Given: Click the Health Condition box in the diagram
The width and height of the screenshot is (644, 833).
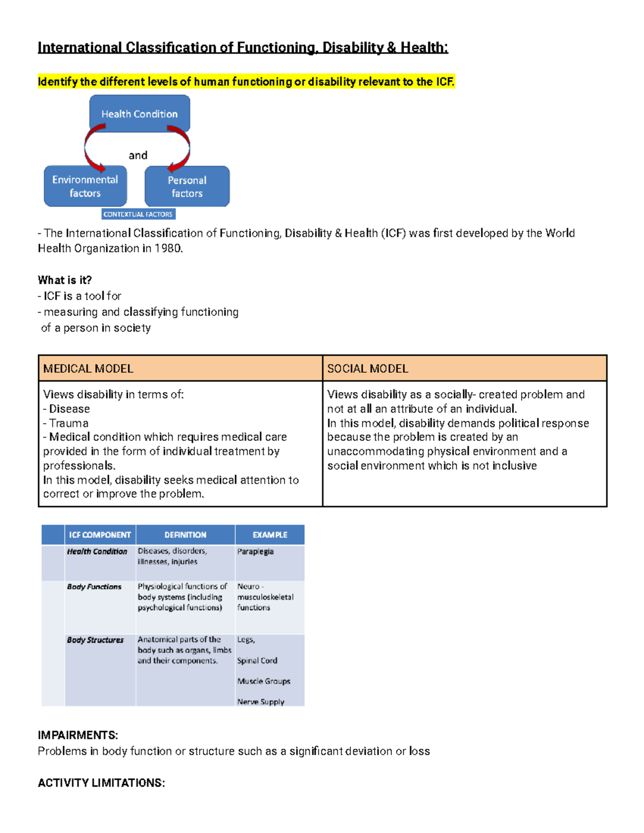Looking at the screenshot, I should pos(140,114).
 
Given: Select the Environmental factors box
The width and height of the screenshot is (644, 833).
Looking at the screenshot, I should pos(85,186).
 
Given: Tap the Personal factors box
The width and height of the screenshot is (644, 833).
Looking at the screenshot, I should pos(187,187).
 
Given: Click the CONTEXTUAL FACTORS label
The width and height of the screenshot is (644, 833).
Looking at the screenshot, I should pos(138,214).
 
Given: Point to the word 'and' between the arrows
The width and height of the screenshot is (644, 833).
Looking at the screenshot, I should pos(138,156).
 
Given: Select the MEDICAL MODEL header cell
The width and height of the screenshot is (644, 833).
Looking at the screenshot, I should pos(180,368).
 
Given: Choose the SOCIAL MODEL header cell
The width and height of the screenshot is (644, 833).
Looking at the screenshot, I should pos(464,368).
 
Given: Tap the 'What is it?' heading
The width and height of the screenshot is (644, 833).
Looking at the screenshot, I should pos(65,280).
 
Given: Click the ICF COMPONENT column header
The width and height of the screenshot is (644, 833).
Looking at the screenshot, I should pos(100,535).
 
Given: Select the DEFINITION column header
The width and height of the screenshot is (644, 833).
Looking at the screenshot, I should pos(185,535).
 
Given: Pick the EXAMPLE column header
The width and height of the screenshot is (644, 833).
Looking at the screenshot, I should pos(270,535).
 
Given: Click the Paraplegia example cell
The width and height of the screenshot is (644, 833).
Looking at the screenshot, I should pos(255,551).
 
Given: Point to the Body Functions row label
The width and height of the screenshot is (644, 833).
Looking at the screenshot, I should pos(94,587).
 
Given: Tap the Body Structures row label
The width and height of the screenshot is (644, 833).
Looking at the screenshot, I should pos(96,640).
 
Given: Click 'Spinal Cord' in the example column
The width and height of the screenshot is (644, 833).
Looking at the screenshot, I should pos(258,661).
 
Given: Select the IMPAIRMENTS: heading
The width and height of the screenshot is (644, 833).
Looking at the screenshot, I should pos(78,735).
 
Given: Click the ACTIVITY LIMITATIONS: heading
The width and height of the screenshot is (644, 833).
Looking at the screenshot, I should pos(101,783).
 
